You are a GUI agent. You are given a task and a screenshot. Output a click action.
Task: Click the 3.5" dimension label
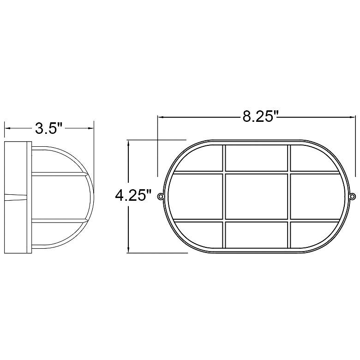[48, 128]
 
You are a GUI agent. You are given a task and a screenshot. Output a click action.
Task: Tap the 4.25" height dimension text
[133, 196]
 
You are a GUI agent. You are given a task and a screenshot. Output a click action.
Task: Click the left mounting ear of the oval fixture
[160, 196]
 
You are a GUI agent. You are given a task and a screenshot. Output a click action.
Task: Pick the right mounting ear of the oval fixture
[353, 196]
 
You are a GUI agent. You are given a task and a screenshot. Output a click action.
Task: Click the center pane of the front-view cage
[257, 197]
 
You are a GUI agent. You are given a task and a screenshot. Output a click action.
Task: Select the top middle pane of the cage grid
[257, 158]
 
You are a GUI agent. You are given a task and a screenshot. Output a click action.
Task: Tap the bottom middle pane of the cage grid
[257, 234]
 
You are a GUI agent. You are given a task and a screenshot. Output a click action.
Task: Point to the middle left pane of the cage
[195, 197]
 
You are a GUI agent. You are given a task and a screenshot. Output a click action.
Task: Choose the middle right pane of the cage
[318, 197]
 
